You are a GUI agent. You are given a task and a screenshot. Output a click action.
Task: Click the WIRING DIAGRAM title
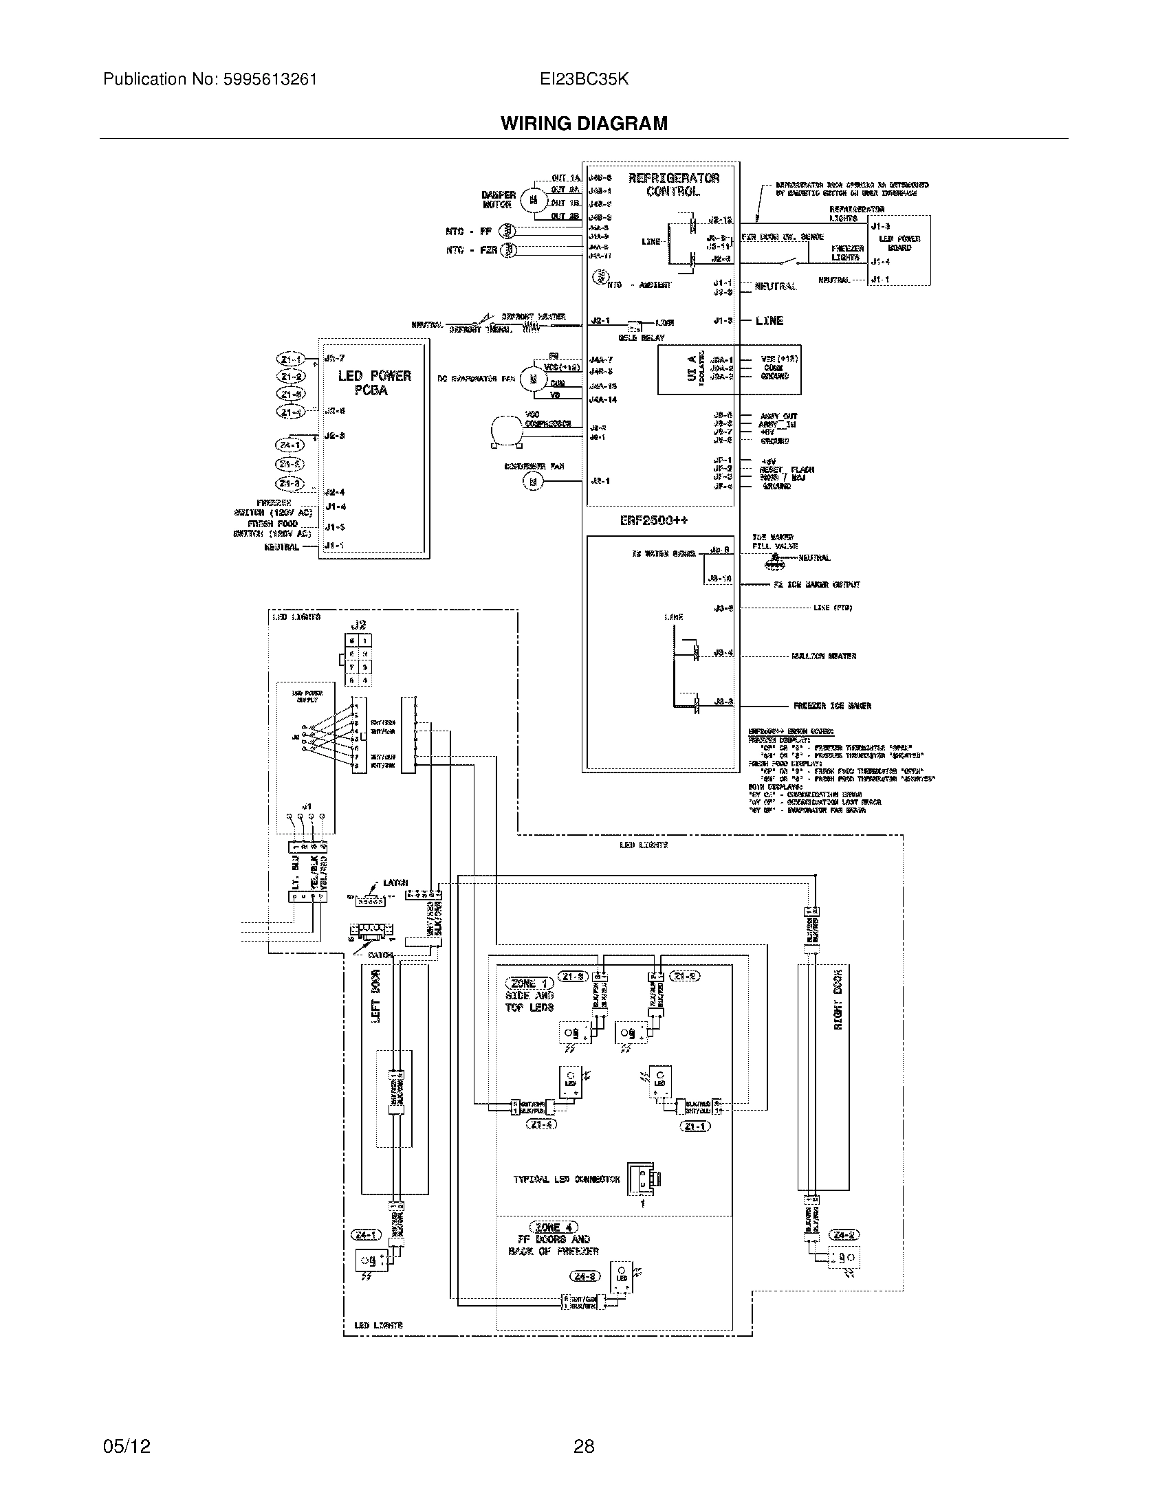tap(584, 123)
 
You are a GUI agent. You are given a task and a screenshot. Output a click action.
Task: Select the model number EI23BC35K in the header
tap(584, 79)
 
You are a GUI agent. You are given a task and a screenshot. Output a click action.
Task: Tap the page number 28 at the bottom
tap(584, 1446)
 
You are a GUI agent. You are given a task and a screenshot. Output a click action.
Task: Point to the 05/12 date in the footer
tap(127, 1446)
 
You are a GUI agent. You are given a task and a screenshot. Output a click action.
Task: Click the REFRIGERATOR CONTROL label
tap(673, 185)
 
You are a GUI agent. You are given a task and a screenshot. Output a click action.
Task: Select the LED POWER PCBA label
tap(374, 383)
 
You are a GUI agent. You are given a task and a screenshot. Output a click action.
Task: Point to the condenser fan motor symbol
tap(533, 482)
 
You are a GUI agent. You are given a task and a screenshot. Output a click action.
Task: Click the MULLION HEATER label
tap(824, 656)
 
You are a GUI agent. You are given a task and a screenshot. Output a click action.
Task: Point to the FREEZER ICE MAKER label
tap(832, 706)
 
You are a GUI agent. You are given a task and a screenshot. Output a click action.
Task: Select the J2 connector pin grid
tap(359, 660)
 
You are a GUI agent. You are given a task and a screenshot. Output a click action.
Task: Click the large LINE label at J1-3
tap(769, 321)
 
